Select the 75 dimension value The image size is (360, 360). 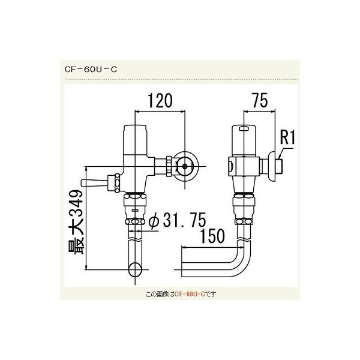[x=259, y=101]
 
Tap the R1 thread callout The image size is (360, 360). [x=289, y=139]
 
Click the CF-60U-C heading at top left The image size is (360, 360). [x=91, y=68]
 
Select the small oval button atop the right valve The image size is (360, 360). [x=242, y=128]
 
